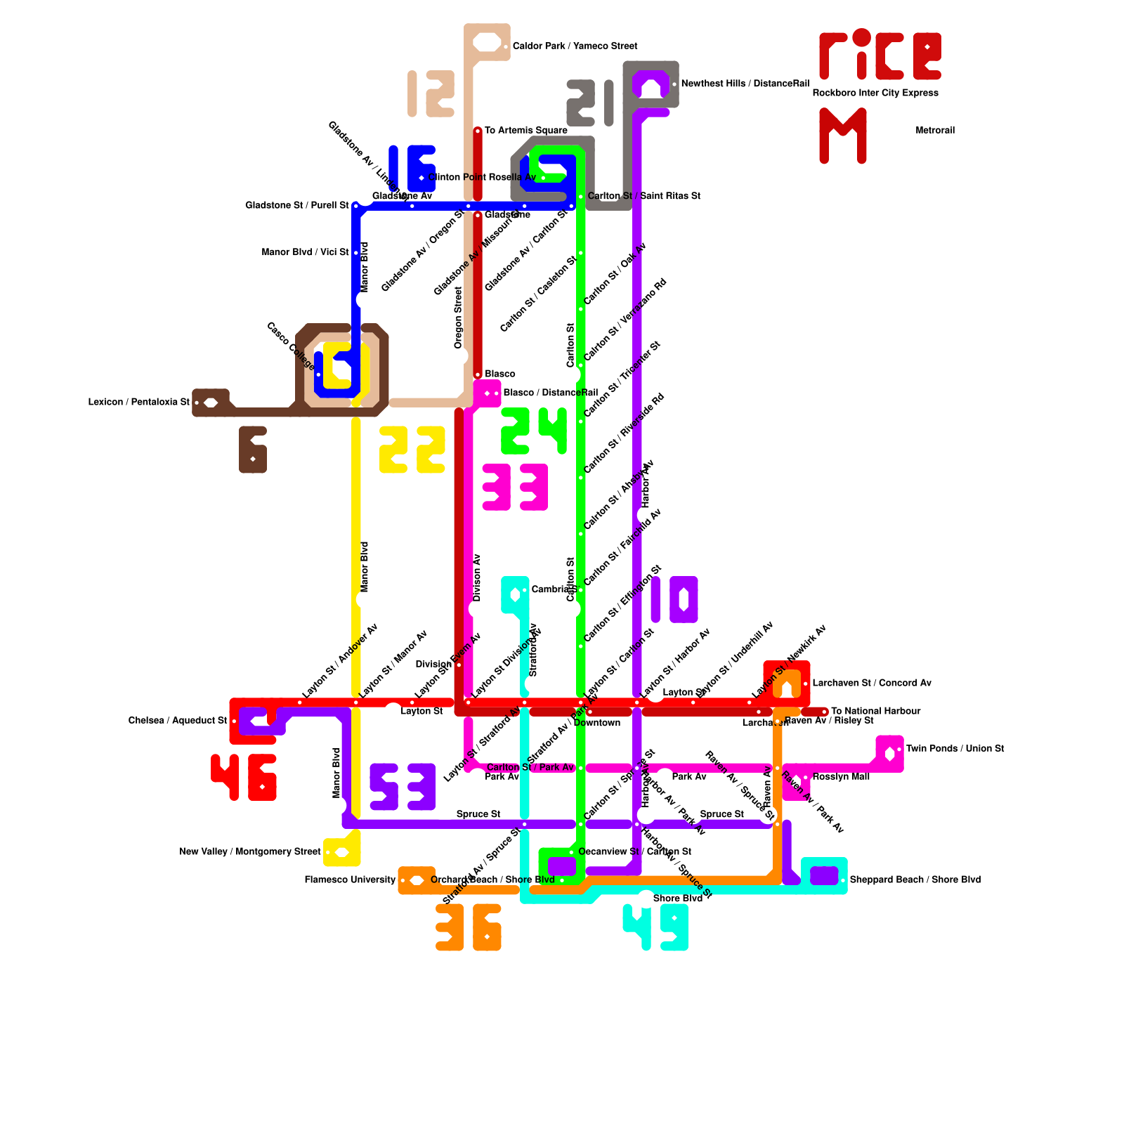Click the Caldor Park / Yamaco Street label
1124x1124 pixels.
click(575, 46)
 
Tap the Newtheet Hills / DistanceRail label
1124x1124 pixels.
click(745, 84)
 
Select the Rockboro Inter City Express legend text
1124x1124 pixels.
click(875, 93)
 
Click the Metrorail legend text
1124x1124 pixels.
click(935, 131)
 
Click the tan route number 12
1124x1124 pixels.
click(431, 93)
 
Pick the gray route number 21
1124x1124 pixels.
click(590, 103)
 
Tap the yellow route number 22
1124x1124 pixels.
click(412, 450)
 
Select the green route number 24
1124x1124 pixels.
click(534, 431)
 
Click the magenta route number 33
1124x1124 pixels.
click(515, 487)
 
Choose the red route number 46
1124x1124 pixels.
click(244, 777)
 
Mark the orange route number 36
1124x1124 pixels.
click(469, 927)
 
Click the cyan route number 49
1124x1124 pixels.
click(655, 927)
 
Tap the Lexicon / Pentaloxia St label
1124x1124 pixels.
click(138, 403)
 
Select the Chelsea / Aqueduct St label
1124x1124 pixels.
click(178, 721)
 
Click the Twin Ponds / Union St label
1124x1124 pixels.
click(955, 749)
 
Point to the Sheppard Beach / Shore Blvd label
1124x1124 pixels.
click(915, 880)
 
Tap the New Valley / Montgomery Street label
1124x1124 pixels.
click(250, 852)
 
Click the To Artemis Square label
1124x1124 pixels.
click(525, 131)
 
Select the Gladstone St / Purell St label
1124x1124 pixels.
click(296, 206)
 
